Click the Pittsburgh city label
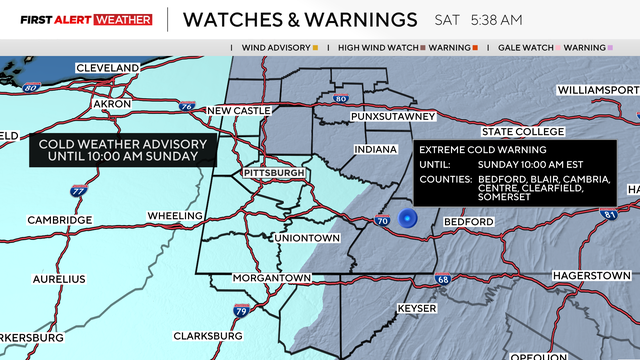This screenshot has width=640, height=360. (275, 173)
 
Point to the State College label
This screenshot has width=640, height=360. (523, 132)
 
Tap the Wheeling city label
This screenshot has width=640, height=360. (175, 216)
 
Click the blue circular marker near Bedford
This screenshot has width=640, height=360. (407, 218)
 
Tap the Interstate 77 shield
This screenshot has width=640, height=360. (78, 190)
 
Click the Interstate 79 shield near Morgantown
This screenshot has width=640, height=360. (240, 311)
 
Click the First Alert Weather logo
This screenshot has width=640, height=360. (77, 20)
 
